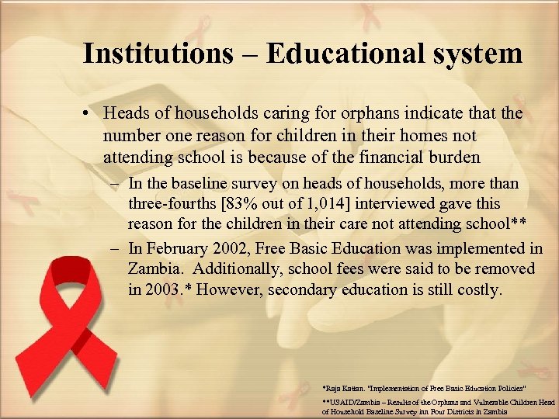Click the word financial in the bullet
click(x=393, y=158)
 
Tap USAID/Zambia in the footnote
click(x=354, y=402)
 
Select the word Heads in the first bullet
click(x=124, y=114)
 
